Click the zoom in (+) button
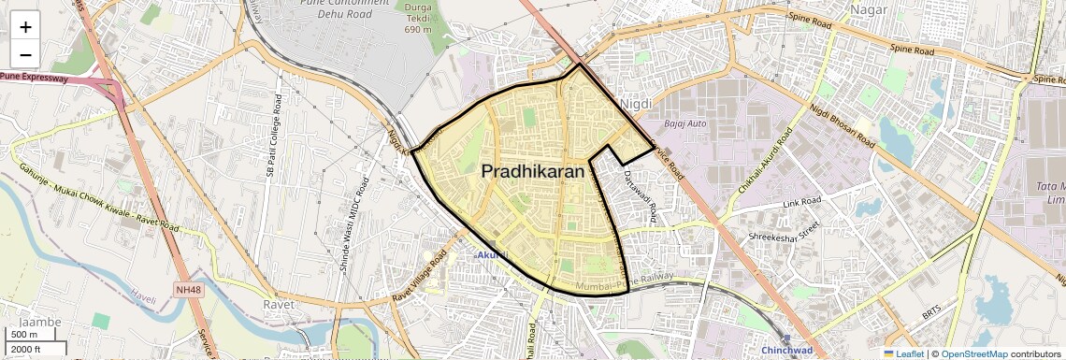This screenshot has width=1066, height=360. point(25,27)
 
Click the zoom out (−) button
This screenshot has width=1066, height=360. point(25,53)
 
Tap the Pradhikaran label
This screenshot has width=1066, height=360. point(533,172)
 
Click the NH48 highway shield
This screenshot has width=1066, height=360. point(188,290)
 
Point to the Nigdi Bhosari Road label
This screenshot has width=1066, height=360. point(843,125)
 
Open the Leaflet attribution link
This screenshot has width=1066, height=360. point(903,353)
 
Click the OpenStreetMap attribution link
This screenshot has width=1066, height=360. point(974,353)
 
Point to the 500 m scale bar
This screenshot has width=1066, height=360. point(24,335)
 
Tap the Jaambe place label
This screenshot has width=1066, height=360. point(40,322)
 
